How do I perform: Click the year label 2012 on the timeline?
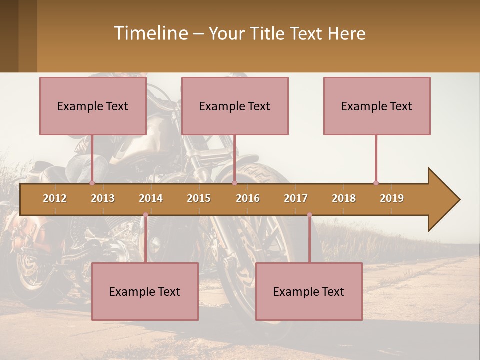click(55, 198)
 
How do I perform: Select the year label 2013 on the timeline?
click(103, 198)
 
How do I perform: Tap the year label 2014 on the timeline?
click(151, 198)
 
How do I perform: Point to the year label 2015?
click(199, 198)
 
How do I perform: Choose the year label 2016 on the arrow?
click(248, 198)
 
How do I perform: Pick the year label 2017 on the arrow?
click(296, 198)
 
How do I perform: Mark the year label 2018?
click(344, 198)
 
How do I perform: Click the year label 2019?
click(392, 198)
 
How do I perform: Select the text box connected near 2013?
click(93, 106)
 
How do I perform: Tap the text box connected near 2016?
click(235, 106)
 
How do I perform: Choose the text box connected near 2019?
click(377, 106)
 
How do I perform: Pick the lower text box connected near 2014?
click(145, 291)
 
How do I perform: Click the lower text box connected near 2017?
click(309, 291)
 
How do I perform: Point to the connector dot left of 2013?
click(92, 183)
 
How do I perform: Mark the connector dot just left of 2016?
click(234, 183)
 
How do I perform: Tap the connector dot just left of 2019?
click(376, 183)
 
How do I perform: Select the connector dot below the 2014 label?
click(145, 215)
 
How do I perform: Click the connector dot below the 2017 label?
click(309, 215)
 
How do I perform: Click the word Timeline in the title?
click(150, 33)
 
